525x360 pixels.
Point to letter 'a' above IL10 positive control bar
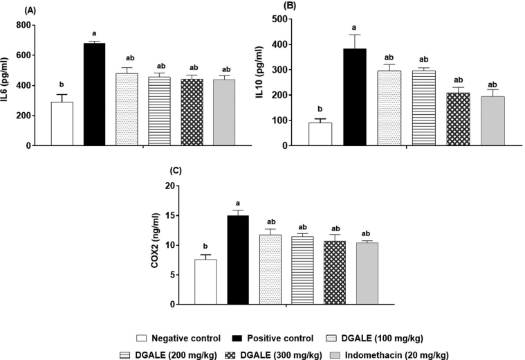(353, 26)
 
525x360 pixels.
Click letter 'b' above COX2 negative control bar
(205, 246)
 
